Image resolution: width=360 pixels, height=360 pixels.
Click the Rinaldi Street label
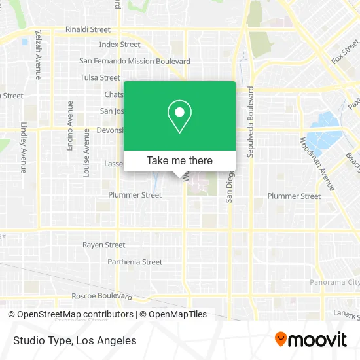88,29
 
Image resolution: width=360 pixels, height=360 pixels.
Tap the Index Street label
120,45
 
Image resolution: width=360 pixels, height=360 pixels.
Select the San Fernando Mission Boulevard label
135,61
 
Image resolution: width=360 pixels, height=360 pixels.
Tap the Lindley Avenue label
23,147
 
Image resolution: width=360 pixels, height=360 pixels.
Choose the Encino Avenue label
70,126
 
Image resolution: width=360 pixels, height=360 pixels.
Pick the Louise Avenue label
86,153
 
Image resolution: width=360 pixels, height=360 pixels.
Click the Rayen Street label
103,245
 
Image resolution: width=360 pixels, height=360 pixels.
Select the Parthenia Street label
134,262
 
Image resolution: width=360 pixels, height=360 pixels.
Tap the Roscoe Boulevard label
101,295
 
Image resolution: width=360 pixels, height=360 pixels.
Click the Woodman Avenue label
317,163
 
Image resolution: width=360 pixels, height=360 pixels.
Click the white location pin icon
179,116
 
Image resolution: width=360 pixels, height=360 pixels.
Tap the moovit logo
311,340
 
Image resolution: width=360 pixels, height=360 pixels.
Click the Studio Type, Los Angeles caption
73,340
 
